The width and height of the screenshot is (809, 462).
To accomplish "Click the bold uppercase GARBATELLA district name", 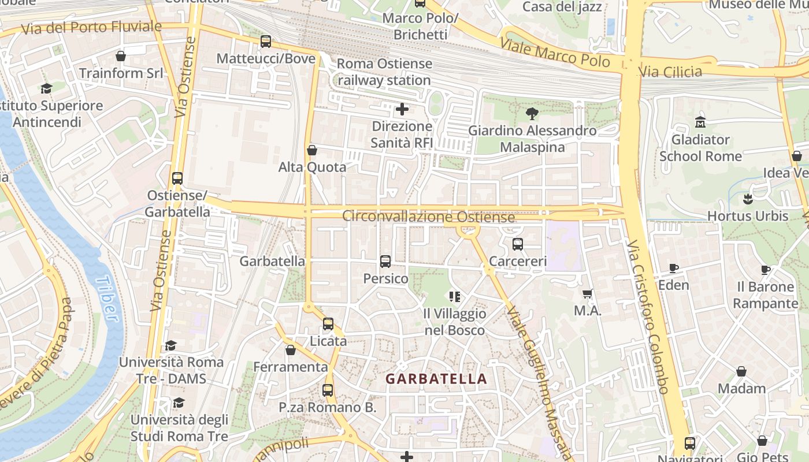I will pyautogui.click(x=436, y=379).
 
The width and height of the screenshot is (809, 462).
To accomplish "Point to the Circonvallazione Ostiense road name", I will pyautogui.click(x=428, y=217).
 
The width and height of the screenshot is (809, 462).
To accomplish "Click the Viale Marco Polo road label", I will pyautogui.click(x=555, y=52).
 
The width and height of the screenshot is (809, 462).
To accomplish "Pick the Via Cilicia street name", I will pyautogui.click(x=670, y=72).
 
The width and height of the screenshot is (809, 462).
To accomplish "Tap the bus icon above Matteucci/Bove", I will pyautogui.click(x=266, y=42).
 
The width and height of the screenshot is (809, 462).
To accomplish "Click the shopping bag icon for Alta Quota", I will pyautogui.click(x=312, y=150).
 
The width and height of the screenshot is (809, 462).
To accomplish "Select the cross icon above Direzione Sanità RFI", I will pyautogui.click(x=402, y=109).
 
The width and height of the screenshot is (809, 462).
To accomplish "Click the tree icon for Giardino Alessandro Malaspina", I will pyautogui.click(x=532, y=113).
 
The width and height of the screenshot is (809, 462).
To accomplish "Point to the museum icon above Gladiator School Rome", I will pyautogui.click(x=700, y=122).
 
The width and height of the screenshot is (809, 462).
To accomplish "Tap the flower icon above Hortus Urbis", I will pyautogui.click(x=748, y=199).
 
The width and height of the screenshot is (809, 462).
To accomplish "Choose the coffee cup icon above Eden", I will pyautogui.click(x=673, y=268).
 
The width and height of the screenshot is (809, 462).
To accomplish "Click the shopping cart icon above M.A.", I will pyautogui.click(x=588, y=293).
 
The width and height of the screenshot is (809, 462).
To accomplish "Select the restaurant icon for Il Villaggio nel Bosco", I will pyautogui.click(x=455, y=297).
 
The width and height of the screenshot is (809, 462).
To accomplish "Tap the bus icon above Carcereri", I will pyautogui.click(x=518, y=244).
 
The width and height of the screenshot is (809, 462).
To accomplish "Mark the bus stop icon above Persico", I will pyautogui.click(x=385, y=262).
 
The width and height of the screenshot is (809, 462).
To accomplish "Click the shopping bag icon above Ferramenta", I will pyautogui.click(x=291, y=350).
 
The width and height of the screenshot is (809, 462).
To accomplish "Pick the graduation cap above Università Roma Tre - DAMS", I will pyautogui.click(x=170, y=345).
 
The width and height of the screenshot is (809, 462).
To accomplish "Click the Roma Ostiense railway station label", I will pyautogui.click(x=384, y=72).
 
